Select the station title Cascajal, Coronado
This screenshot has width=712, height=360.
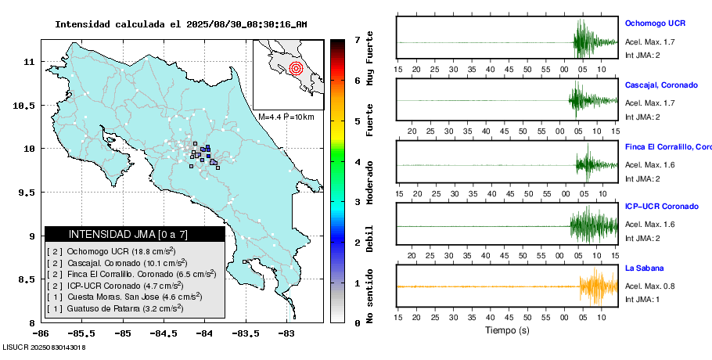click(661, 85)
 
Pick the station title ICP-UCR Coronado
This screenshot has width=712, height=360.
click(661, 207)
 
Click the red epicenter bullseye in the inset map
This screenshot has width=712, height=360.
click(295, 68)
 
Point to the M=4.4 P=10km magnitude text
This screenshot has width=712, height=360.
click(286, 117)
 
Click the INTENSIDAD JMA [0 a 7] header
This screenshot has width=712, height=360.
click(135, 234)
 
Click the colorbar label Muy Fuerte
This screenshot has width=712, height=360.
click(370, 59)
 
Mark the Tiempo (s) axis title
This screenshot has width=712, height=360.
click(507, 330)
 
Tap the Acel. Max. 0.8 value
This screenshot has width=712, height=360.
click(649, 286)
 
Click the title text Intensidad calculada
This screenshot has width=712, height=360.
click(110, 24)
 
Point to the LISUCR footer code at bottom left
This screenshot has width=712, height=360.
click(44, 347)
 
